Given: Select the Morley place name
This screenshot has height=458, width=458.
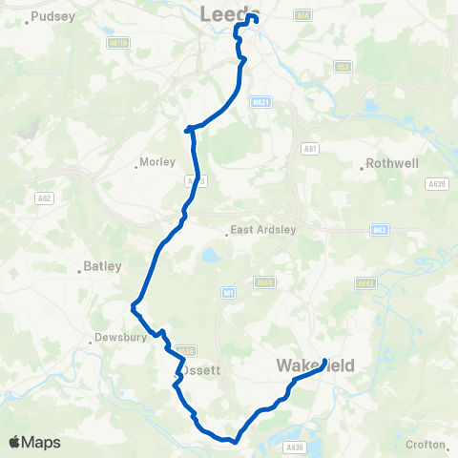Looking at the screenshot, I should (156, 162).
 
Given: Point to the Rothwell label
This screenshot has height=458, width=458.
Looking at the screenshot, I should (393, 164).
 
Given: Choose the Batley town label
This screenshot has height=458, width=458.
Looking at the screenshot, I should (101, 267).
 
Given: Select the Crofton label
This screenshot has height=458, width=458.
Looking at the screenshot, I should (425, 445).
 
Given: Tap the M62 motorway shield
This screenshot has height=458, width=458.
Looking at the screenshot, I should (378, 229).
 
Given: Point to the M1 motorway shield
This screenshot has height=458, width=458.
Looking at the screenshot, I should (228, 293).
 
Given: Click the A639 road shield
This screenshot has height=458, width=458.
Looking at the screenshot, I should (438, 184).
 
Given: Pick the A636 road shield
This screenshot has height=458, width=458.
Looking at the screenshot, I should (294, 445).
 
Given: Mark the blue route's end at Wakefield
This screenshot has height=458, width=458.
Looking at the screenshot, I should (325, 362).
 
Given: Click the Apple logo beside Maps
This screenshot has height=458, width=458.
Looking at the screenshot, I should (15, 442).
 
